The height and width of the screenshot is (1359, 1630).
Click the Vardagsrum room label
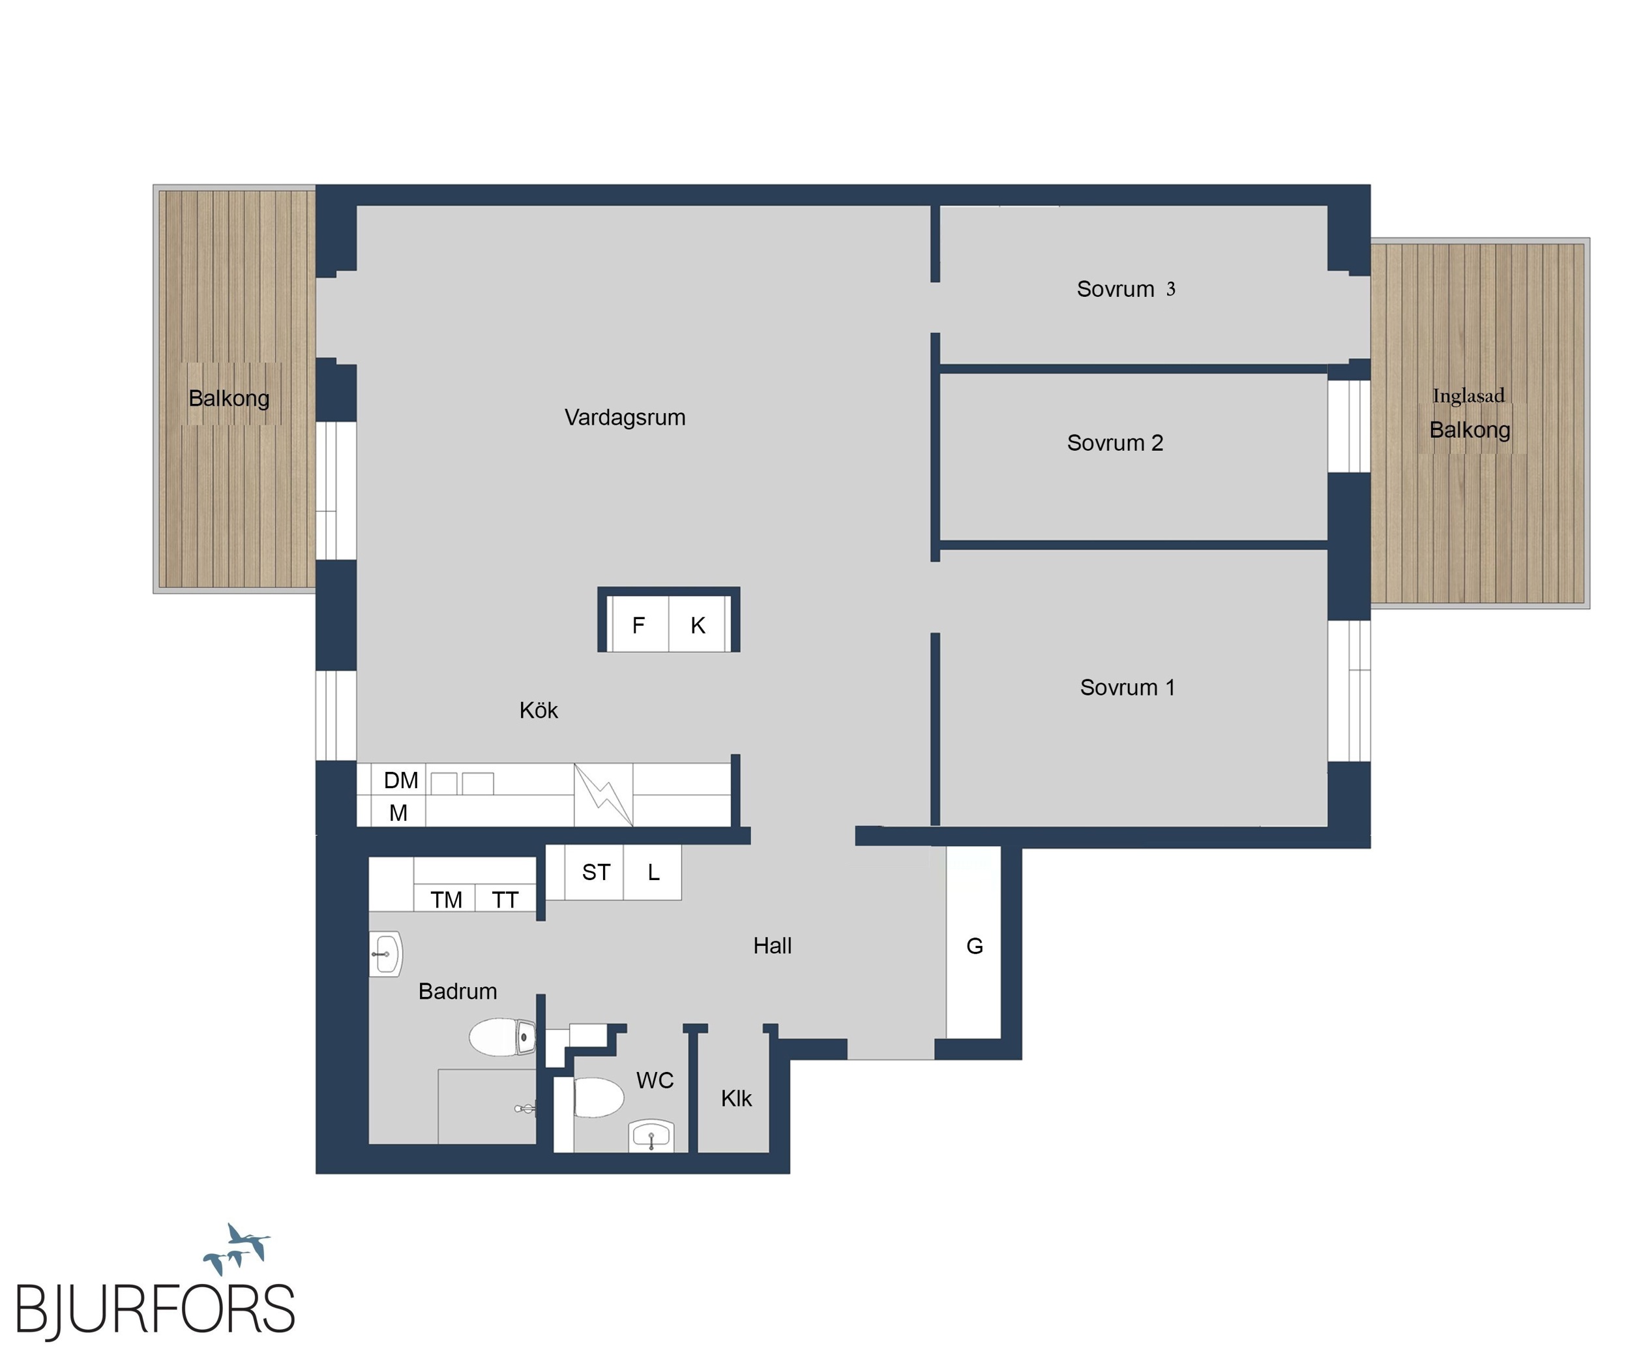pos(625,418)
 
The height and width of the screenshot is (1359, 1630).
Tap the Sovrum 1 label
pos(1127,687)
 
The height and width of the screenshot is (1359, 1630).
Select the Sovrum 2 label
pos(1115,442)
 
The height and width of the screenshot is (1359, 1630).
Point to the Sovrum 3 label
pos(1125,289)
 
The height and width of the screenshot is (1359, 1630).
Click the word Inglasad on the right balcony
pos(1468,396)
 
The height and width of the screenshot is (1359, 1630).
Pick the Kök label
pos(539,710)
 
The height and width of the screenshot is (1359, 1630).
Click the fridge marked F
pos(640,624)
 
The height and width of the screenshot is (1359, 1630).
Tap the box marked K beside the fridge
pos(697,624)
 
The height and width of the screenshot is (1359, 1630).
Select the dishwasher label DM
pos(400,780)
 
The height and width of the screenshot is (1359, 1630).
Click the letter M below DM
pos(398,813)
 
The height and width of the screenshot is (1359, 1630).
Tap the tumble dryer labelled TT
pos(505,898)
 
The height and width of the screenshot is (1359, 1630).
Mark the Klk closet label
pos(736,1098)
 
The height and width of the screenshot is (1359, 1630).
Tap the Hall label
pos(773,946)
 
